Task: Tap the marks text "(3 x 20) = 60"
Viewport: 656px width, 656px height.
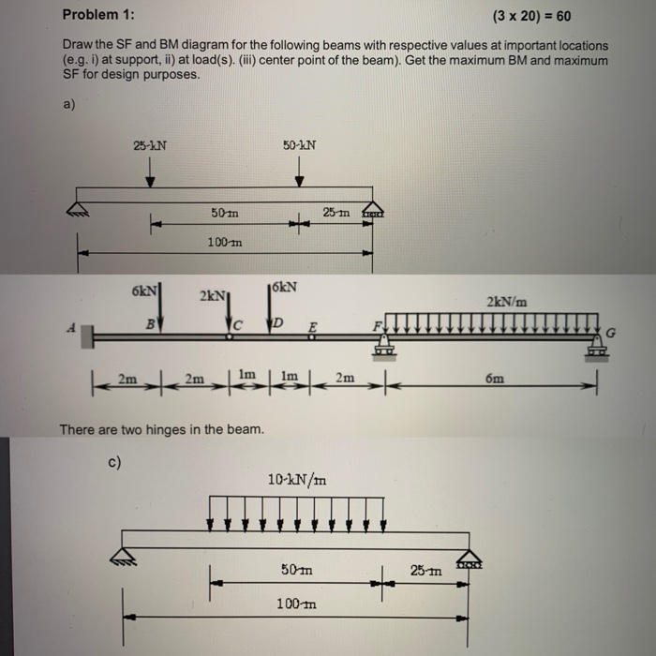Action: (530, 16)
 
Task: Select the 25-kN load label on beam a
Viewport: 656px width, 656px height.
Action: (150, 145)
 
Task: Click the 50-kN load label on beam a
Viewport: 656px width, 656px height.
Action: (299, 145)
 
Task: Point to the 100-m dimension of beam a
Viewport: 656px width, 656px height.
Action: (224, 242)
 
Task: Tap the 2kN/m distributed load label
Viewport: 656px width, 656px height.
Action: (507, 302)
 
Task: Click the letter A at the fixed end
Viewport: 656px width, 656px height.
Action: (68, 327)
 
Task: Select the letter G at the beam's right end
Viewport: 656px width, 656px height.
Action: (613, 331)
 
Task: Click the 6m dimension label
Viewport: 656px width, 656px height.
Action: (495, 379)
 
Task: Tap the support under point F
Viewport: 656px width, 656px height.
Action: (381, 350)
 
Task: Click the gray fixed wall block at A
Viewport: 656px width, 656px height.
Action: (86, 335)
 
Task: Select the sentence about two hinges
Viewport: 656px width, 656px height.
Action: (162, 429)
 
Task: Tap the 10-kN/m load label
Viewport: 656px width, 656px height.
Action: (297, 480)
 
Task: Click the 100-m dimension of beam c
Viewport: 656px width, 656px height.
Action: (295, 604)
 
